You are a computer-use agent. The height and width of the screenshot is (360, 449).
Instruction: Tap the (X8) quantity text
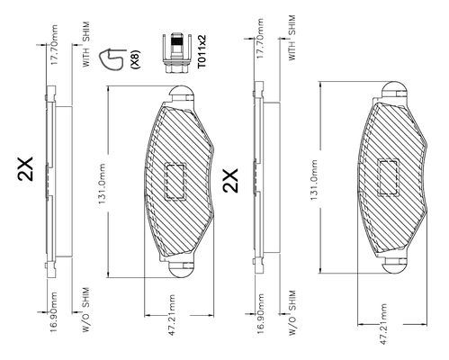(x=135, y=59)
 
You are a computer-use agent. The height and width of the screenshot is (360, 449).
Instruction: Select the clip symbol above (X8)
(x=112, y=59)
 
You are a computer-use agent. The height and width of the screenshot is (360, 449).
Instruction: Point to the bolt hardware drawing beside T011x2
(x=176, y=53)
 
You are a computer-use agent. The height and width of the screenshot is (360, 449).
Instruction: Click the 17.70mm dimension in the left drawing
(x=54, y=45)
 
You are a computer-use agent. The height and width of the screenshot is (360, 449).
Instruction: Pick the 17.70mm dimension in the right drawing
(x=260, y=39)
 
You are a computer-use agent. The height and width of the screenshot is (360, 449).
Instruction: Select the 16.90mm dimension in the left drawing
(x=54, y=312)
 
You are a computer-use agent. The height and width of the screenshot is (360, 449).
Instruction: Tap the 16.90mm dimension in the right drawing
(x=260, y=314)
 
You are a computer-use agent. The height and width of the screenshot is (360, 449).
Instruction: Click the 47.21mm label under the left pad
(x=171, y=315)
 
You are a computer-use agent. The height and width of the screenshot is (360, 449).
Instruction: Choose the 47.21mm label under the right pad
(x=383, y=324)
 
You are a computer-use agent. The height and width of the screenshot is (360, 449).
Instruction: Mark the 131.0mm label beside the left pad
(x=102, y=184)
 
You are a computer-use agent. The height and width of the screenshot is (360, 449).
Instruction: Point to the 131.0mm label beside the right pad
(x=314, y=180)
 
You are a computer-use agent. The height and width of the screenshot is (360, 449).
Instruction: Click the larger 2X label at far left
(x=25, y=168)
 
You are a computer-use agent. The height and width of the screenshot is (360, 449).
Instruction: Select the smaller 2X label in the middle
(x=230, y=180)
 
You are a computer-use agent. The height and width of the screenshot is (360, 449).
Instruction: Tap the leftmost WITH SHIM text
(x=86, y=44)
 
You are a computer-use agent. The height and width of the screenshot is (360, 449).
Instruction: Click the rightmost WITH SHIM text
(x=292, y=38)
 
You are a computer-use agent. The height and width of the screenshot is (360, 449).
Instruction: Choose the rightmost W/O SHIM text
(x=292, y=312)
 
